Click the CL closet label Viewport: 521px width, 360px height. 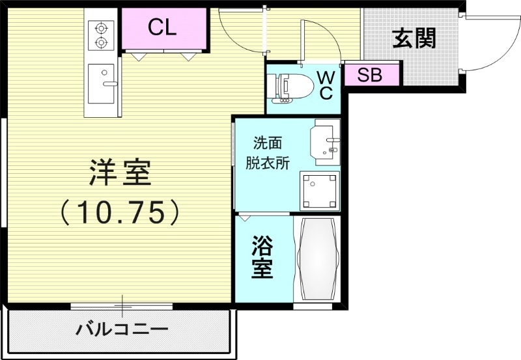163,27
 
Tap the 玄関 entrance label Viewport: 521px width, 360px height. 414,39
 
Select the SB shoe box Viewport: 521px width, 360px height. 369,75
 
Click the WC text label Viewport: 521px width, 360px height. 325,85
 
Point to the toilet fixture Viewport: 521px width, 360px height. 287,87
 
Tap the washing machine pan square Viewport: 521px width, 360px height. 320,191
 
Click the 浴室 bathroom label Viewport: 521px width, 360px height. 262,258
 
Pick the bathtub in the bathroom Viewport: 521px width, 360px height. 317,258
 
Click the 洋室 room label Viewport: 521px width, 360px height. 120,173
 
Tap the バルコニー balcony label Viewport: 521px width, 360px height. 122,329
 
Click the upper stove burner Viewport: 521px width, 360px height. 101,28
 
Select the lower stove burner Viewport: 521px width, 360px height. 101,43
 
